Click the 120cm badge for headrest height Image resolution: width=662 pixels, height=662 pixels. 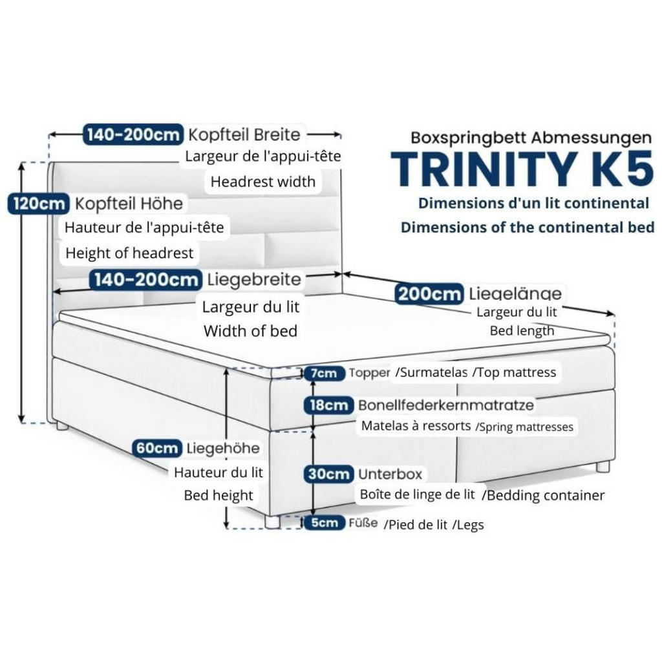37,204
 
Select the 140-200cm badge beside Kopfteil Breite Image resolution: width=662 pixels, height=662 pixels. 133,134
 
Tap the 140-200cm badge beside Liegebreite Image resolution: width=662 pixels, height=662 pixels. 145,280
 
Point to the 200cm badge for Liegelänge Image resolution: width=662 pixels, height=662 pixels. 429,294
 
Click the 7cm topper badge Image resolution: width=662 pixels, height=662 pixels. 323,373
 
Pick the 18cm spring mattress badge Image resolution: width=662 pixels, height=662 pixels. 329,405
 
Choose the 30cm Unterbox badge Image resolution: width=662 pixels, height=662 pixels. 329,474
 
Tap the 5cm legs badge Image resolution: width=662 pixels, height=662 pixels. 324,523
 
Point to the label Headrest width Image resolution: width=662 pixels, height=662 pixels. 262,182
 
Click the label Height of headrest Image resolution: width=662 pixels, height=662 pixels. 129,253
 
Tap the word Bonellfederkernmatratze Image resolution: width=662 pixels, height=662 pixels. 445,405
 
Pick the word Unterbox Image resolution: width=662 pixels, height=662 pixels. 390,474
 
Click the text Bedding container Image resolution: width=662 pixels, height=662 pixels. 544,495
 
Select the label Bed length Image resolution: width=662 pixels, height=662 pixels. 522,330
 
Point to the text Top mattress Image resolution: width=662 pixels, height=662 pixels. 515,372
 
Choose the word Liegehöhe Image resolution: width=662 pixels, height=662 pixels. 223,447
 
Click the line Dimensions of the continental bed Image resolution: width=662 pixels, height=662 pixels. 528,227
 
